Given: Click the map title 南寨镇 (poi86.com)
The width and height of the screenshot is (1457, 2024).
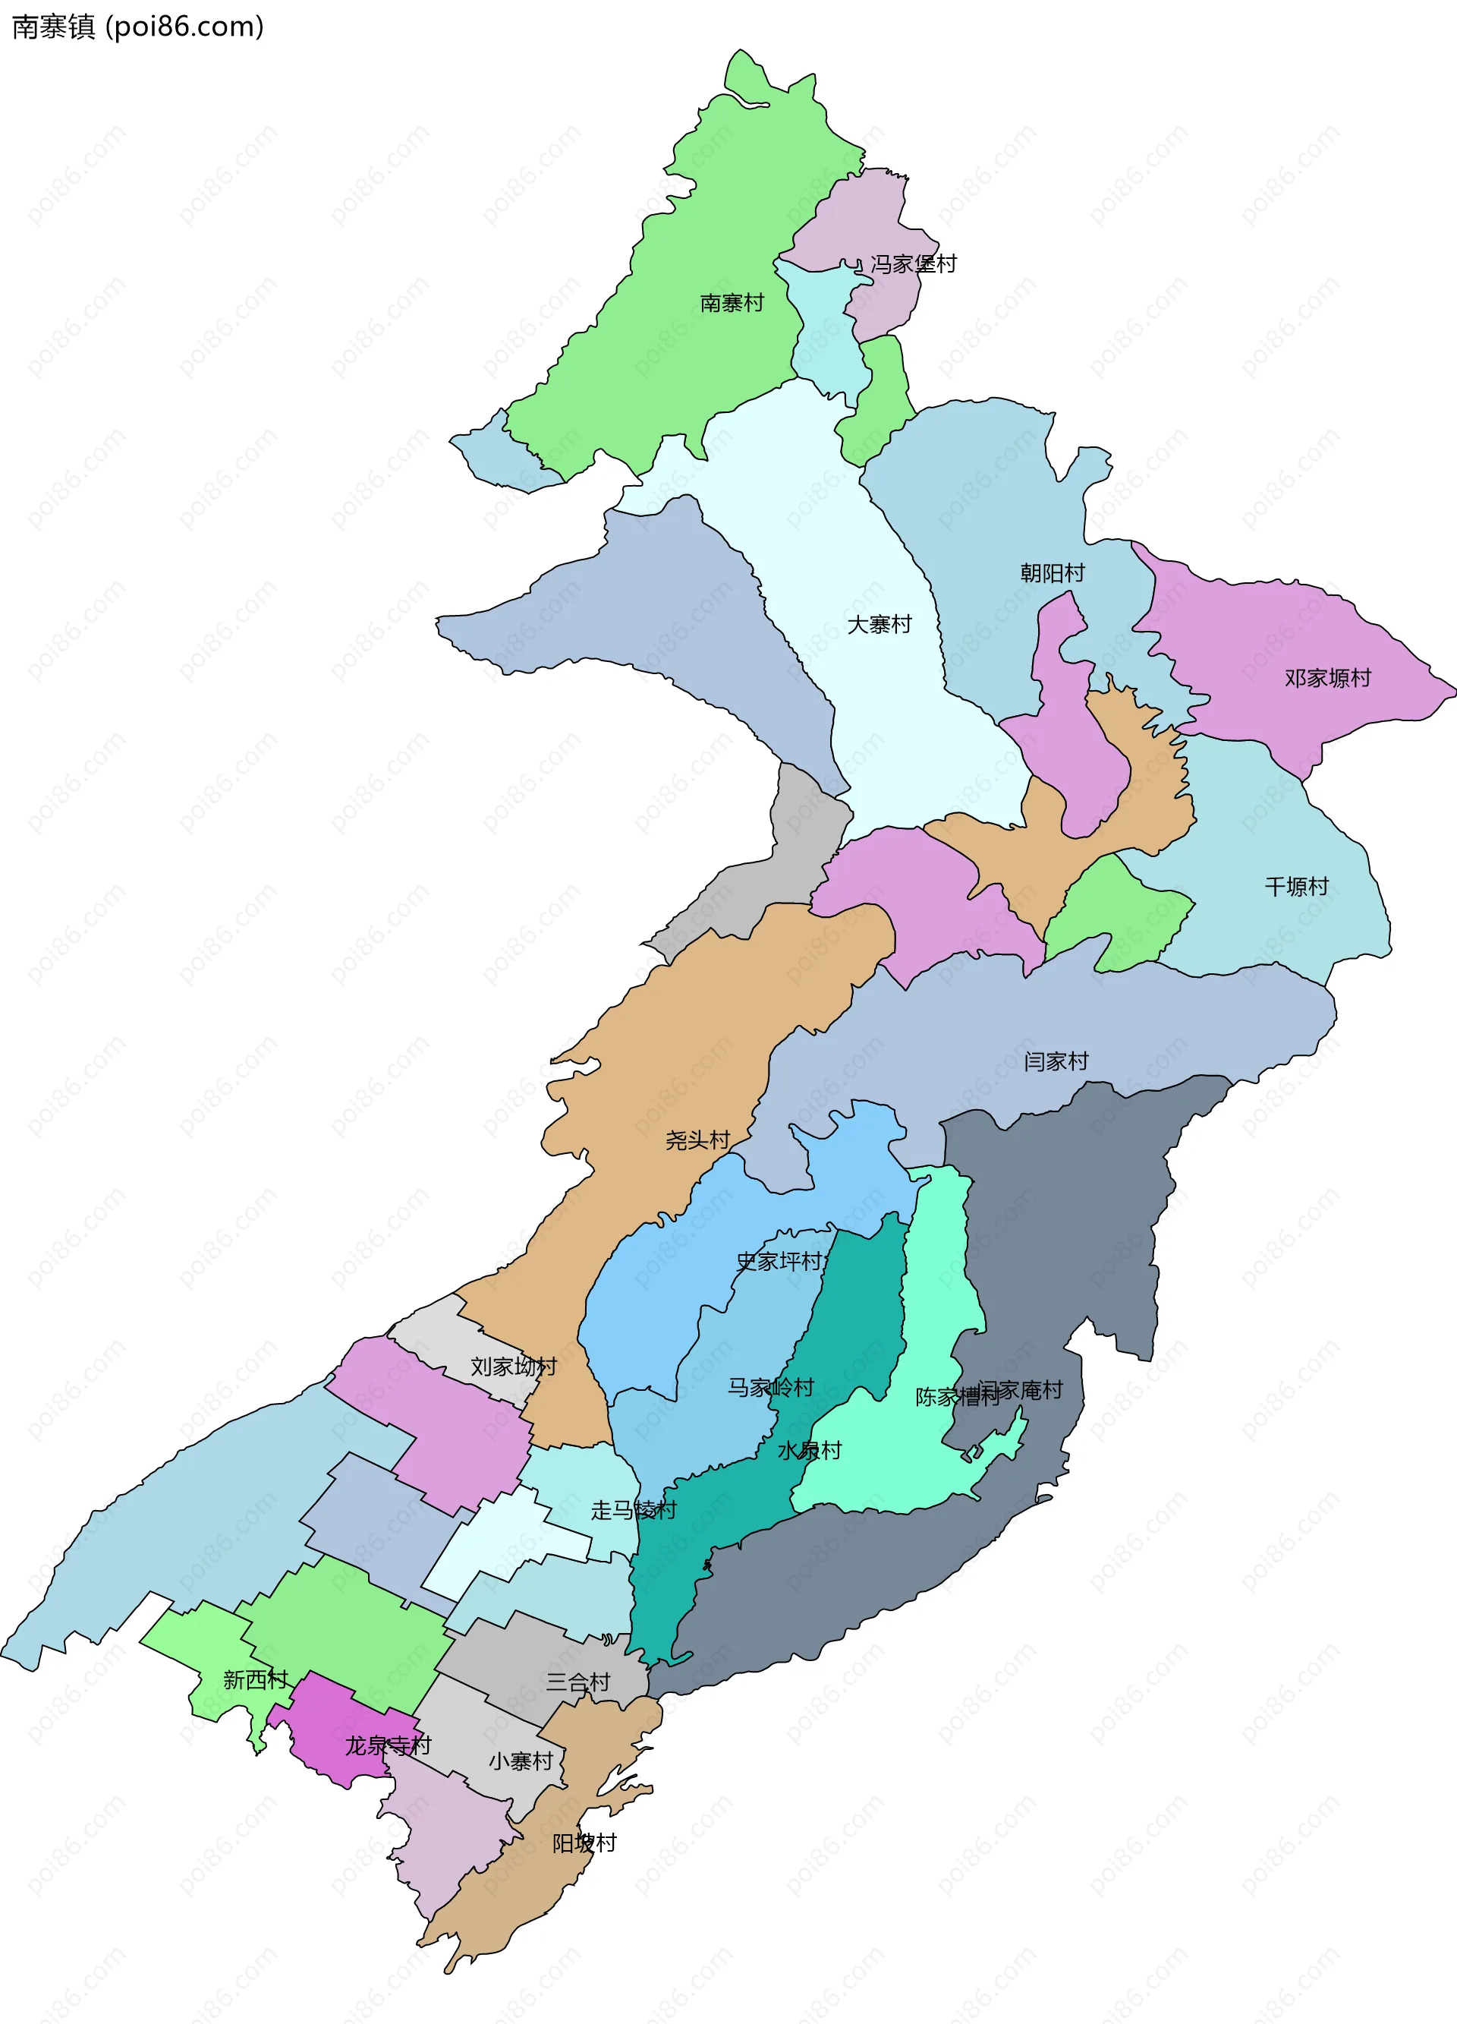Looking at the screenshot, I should pyautogui.click(x=138, y=27).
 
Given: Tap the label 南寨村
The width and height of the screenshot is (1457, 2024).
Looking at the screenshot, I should pyautogui.click(x=732, y=304).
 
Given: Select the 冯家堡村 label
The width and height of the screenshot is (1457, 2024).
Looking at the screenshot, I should pyautogui.click(x=913, y=264).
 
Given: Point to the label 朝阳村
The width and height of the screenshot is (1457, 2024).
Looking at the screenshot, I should pyautogui.click(x=1052, y=573).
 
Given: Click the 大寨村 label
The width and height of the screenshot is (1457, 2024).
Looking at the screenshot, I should pyautogui.click(x=879, y=625).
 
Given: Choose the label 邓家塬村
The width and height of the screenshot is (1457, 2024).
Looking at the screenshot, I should pyautogui.click(x=1326, y=678).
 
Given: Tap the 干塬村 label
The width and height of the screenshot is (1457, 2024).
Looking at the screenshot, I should pyautogui.click(x=1296, y=886).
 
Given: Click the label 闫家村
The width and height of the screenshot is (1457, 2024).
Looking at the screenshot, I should pyautogui.click(x=1056, y=1061).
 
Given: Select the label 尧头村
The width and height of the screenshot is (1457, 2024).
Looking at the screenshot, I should pyautogui.click(x=697, y=1140).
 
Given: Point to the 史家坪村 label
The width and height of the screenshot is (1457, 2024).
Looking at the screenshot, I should pyautogui.click(x=779, y=1261).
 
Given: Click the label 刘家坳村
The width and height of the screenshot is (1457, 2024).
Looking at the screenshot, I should pyautogui.click(x=514, y=1367).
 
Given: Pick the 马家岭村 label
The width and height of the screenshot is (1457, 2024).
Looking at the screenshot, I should pyautogui.click(x=770, y=1387).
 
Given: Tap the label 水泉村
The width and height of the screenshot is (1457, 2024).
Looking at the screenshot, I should pyautogui.click(x=809, y=1450).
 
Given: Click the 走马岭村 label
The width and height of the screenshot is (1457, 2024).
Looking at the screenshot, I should pyautogui.click(x=634, y=1510).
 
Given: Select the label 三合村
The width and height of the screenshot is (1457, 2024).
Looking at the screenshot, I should pyautogui.click(x=578, y=1682).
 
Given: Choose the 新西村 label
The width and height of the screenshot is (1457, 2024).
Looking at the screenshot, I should pyautogui.click(x=255, y=1679).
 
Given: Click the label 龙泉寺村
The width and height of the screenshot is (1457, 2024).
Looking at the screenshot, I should pyautogui.click(x=388, y=1745).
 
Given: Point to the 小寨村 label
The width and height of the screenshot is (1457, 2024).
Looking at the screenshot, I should pyautogui.click(x=521, y=1761).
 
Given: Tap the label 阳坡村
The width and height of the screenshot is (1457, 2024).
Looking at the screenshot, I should pyautogui.click(x=584, y=1843).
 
